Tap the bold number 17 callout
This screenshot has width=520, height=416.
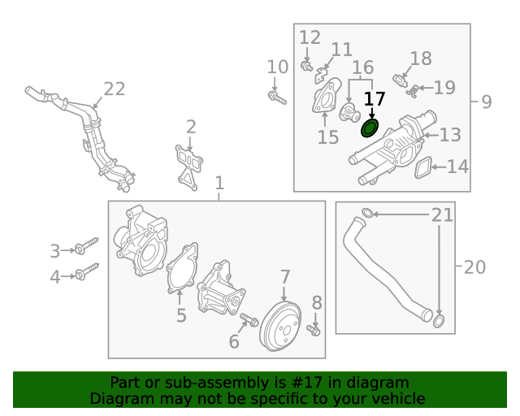(375, 99)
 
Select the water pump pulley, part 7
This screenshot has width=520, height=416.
(280, 327)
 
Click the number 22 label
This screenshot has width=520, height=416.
(115, 89)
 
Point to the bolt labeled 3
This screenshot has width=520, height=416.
(86, 246)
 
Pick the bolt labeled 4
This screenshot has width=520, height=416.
(86, 271)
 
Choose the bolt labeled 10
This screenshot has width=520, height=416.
(277, 97)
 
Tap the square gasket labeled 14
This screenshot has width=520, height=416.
(422, 167)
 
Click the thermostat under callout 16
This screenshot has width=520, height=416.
(349, 112)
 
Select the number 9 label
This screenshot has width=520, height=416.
(486, 102)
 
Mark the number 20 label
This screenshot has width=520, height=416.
(474, 267)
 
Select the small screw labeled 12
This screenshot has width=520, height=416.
(306, 66)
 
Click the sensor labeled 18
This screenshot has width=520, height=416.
(400, 80)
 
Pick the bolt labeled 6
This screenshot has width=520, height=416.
(249, 319)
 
